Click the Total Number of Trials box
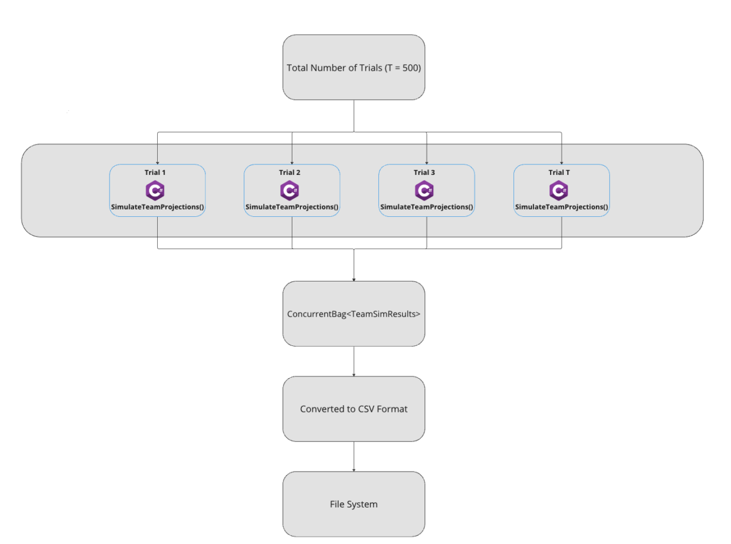click(x=354, y=67)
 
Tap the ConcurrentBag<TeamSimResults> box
click(x=354, y=314)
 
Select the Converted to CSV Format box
click(x=354, y=409)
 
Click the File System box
click(x=354, y=504)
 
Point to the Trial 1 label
click(x=155, y=172)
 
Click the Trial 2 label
click(x=289, y=172)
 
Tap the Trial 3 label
click(x=424, y=172)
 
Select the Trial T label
click(x=559, y=172)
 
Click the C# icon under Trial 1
click(x=155, y=190)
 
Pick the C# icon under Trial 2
click(x=289, y=190)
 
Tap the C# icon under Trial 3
click(x=424, y=190)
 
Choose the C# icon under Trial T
click(x=559, y=190)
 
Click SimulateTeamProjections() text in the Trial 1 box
click(x=157, y=207)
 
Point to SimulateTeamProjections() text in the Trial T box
click(x=561, y=207)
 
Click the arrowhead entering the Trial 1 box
click(x=157, y=163)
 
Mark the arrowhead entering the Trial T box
click(x=562, y=163)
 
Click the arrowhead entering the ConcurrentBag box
click(x=354, y=280)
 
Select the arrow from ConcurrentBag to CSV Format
click(x=354, y=361)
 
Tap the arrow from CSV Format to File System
click(x=354, y=457)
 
